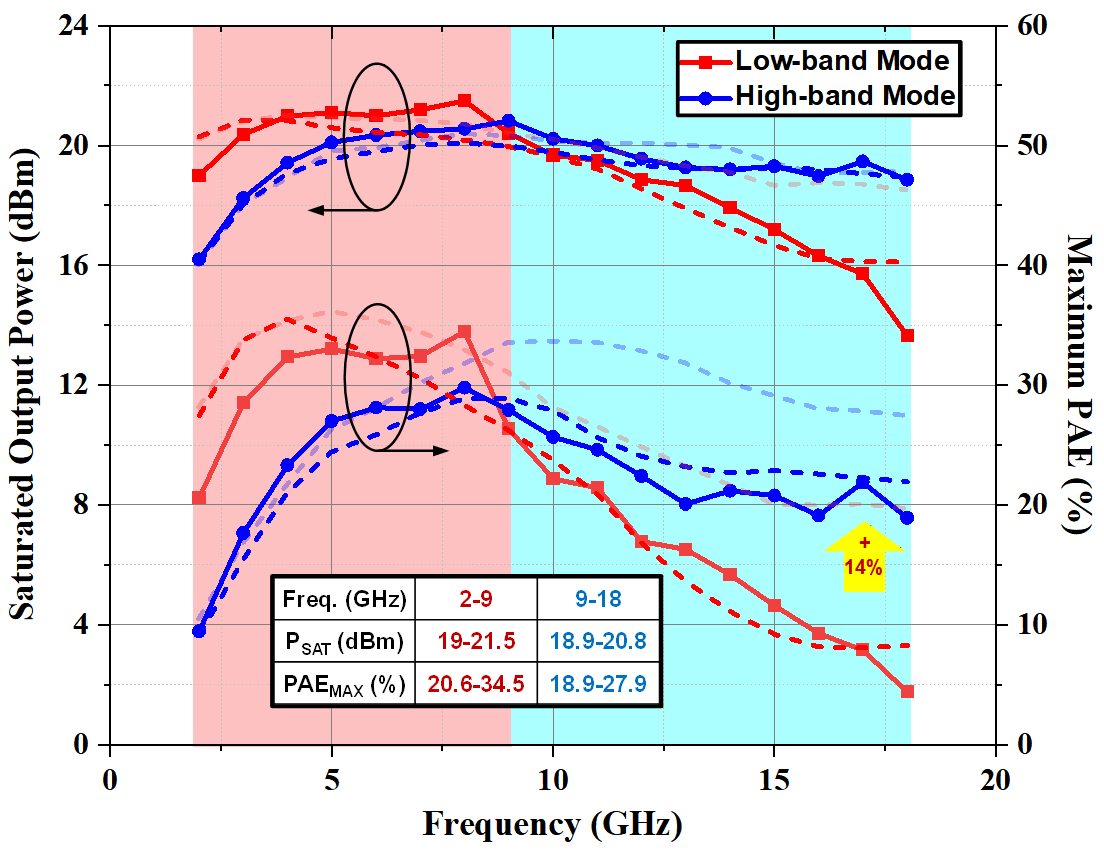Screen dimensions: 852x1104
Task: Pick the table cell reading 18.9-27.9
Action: click(x=597, y=685)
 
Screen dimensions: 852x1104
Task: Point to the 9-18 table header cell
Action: click(x=597, y=600)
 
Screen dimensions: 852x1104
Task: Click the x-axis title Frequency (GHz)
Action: click(x=553, y=826)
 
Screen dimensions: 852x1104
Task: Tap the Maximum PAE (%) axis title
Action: click(x=1080, y=386)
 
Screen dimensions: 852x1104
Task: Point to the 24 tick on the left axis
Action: click(x=79, y=27)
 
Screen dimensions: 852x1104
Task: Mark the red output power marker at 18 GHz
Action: click(x=907, y=335)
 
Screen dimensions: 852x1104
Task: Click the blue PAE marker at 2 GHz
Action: click(x=199, y=631)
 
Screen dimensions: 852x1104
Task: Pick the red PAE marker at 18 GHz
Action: click(x=907, y=691)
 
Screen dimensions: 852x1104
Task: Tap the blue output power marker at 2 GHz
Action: click(x=199, y=259)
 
